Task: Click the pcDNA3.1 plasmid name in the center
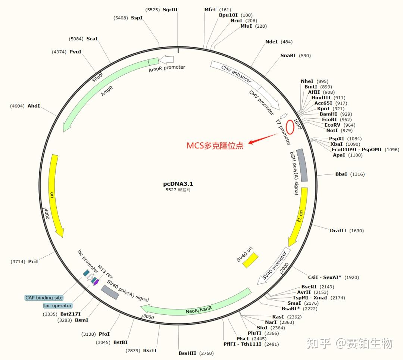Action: point(178,184)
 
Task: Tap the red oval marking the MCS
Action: point(290,126)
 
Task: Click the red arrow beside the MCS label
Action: point(263,139)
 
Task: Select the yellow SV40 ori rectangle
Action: point(251,260)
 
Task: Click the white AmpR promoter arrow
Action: point(166,59)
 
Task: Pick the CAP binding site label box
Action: point(44,298)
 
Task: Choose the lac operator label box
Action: point(58,305)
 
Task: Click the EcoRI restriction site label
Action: point(329,120)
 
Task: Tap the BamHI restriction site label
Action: point(328,114)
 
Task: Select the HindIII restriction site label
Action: point(321,97)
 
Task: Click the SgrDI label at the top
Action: point(170,9)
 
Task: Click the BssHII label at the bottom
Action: point(188,353)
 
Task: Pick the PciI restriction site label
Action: point(33,261)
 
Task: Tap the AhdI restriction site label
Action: point(34,106)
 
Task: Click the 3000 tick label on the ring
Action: point(149,317)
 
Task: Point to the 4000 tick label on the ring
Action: point(46,214)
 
